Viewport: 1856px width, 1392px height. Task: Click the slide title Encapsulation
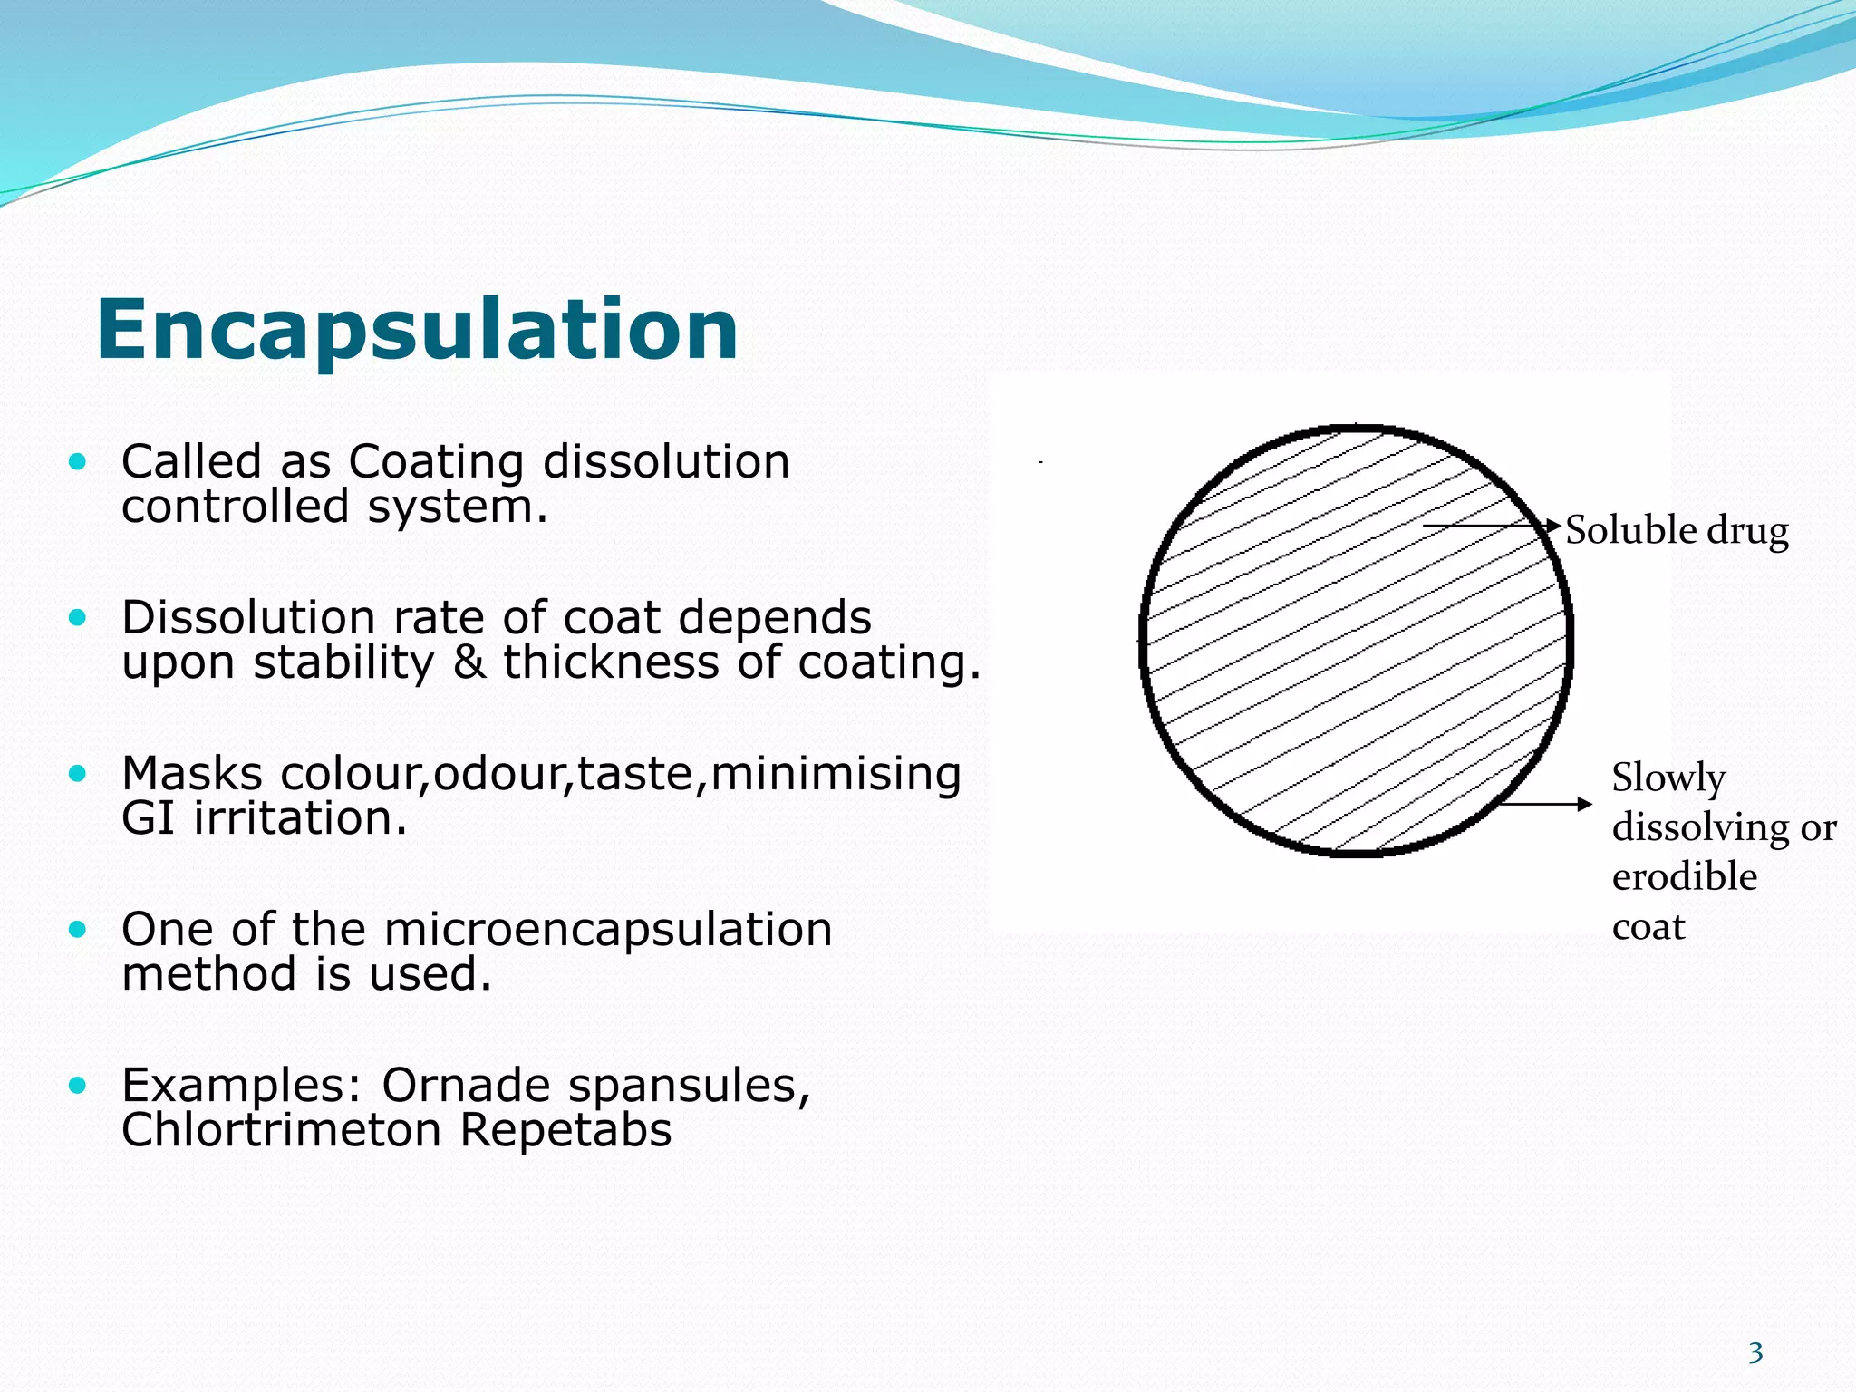(417, 330)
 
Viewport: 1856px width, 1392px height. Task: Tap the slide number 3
(1755, 1353)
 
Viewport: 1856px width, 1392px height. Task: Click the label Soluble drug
(1677, 530)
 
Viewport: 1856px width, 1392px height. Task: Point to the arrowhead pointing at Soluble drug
(1554, 526)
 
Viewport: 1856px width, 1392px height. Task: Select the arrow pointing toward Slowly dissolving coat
(1545, 804)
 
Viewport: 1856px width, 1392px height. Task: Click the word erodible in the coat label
(1684, 877)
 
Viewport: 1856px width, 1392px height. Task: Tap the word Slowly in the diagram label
(1667, 778)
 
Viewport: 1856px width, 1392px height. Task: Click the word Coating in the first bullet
(436, 462)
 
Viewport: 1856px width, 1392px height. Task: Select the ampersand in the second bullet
(469, 662)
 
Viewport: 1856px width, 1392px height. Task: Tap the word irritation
(300, 818)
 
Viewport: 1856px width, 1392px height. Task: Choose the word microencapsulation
(607, 930)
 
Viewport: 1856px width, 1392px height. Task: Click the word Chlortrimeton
(282, 1130)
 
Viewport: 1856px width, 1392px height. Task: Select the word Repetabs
(565, 1130)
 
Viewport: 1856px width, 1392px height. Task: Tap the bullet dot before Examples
(78, 1085)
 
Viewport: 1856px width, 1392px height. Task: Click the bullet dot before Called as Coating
(78, 462)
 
